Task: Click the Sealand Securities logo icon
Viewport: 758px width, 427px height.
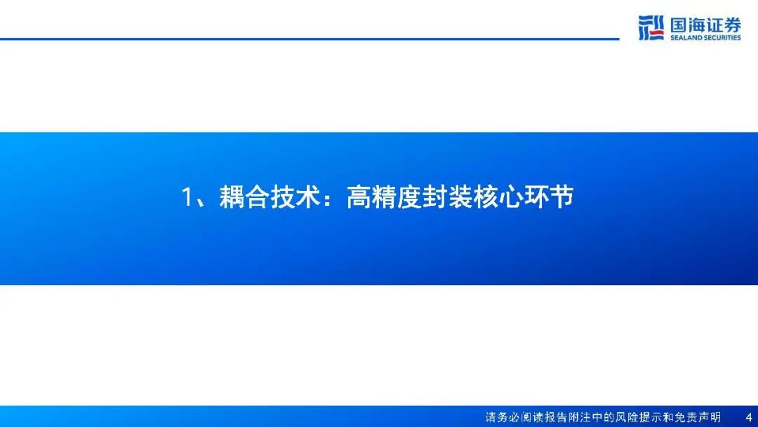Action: [651, 27]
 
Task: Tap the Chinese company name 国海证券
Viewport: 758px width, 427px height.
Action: [706, 25]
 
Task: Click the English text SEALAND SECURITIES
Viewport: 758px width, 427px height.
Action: [705, 38]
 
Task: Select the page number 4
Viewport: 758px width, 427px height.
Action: [749, 417]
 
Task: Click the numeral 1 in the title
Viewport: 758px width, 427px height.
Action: [187, 197]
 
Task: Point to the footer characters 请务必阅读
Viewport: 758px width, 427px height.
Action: [513, 417]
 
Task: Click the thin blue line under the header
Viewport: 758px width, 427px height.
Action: [310, 39]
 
